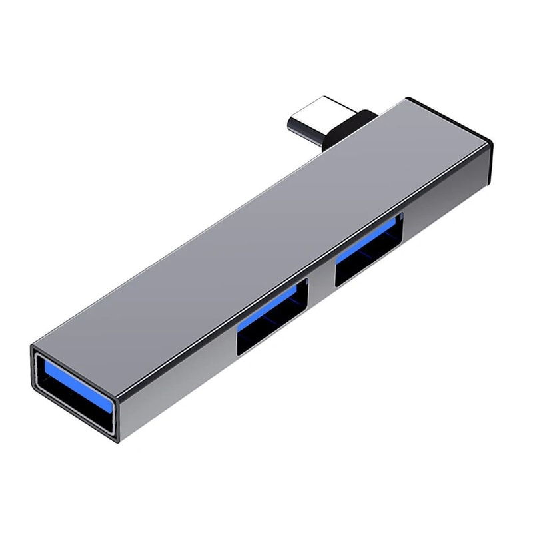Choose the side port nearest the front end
273,316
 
